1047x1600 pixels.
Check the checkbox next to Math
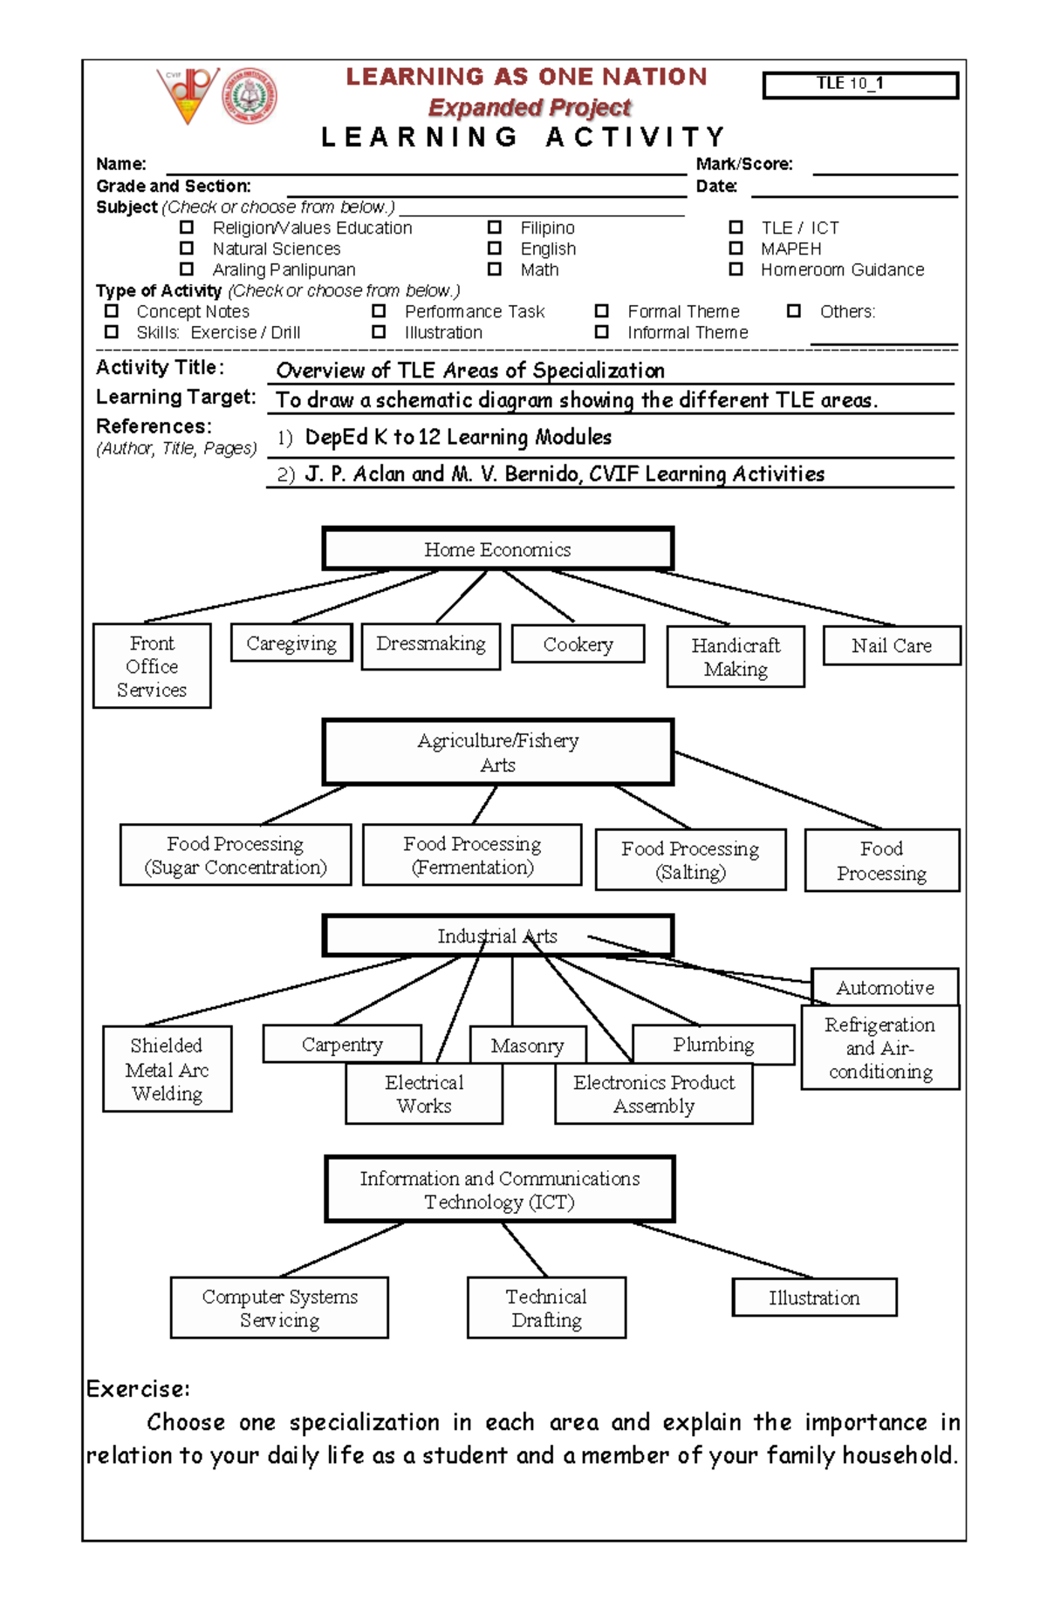[x=495, y=269]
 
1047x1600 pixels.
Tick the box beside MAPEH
[x=736, y=249]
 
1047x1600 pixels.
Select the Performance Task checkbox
[x=379, y=311]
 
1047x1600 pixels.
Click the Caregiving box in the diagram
[x=291, y=643]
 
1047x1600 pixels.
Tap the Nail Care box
[x=892, y=646]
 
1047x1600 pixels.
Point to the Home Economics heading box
[x=497, y=549]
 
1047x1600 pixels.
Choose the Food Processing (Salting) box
[x=690, y=860]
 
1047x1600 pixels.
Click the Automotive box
[x=885, y=987]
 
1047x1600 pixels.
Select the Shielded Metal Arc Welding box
[x=167, y=1069]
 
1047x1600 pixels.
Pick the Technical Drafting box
[x=546, y=1308]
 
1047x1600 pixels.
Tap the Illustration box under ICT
[x=814, y=1297]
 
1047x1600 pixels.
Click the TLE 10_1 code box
[x=859, y=85]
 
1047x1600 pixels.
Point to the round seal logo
[x=250, y=95]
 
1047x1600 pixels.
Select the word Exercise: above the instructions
[x=139, y=1389]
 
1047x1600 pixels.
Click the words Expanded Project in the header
[x=529, y=107]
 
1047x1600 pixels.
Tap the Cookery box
[x=578, y=644]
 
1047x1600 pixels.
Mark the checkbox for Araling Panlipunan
[x=187, y=269]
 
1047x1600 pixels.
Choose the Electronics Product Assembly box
[x=654, y=1094]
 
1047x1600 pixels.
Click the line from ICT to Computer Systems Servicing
[x=342, y=1249]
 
